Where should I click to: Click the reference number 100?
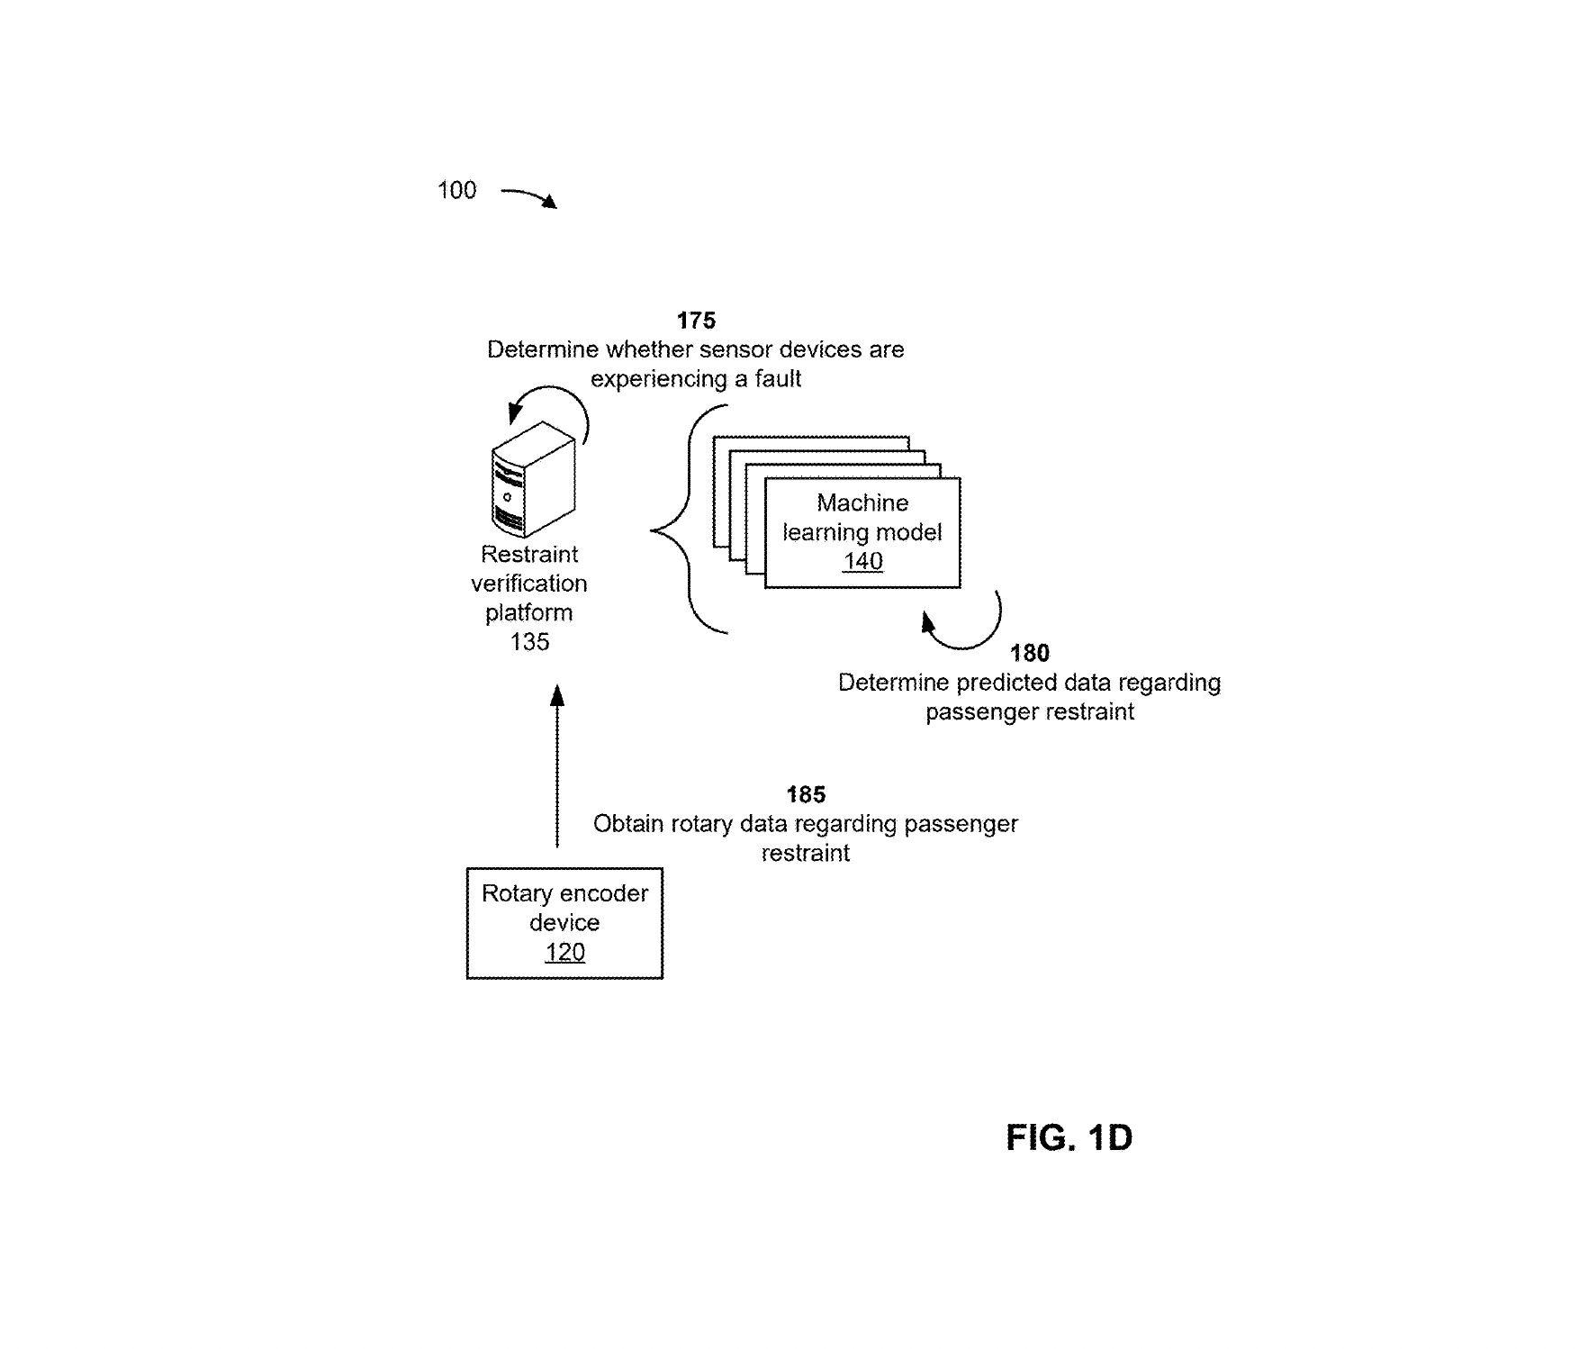click(x=456, y=190)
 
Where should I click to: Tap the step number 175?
click(x=696, y=321)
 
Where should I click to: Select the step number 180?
click(x=1029, y=653)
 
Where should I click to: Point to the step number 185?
click(x=806, y=794)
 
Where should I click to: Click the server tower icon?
click(x=533, y=480)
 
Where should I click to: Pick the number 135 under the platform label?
click(x=529, y=642)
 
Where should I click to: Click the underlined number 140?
click(x=862, y=561)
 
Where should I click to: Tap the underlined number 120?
click(x=564, y=952)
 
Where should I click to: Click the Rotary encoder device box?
click(x=564, y=922)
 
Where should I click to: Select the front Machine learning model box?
click(x=862, y=532)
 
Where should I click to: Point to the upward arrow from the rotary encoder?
click(x=557, y=765)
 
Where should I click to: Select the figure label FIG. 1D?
click(x=1069, y=1138)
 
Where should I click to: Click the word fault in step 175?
click(x=778, y=379)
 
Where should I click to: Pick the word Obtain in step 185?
click(x=627, y=824)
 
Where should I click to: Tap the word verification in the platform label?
click(x=529, y=584)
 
